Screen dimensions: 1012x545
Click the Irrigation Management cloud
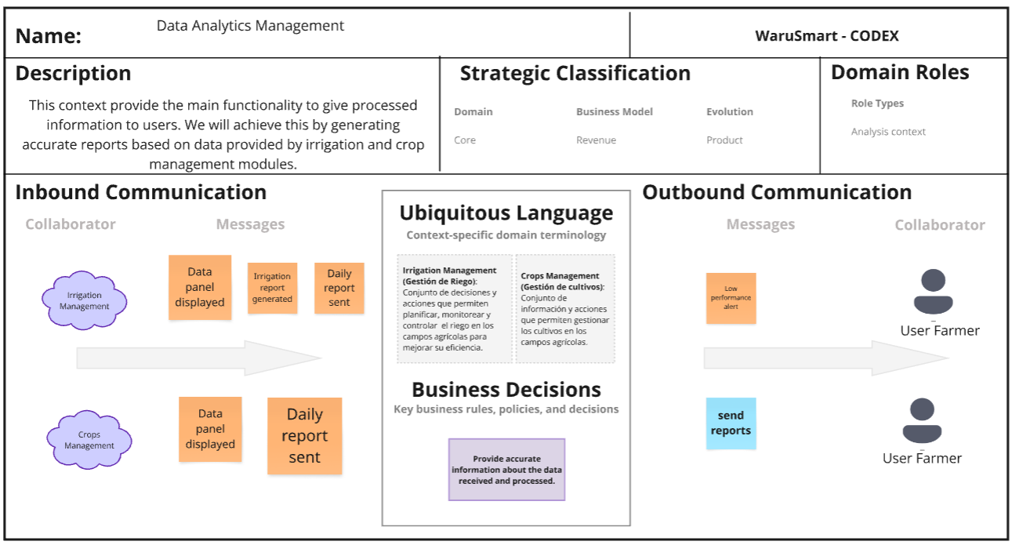85,300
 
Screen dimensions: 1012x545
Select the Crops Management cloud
89,439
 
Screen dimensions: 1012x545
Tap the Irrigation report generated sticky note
273,288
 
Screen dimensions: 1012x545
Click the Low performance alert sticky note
731,298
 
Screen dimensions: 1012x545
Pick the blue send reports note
731,423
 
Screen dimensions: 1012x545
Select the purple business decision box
506,470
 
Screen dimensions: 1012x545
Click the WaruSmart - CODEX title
827,36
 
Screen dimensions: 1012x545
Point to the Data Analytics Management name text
250,26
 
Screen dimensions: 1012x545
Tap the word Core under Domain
465,140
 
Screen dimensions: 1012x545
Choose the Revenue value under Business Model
596,140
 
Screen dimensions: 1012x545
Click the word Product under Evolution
724,140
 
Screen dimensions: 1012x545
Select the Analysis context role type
888,132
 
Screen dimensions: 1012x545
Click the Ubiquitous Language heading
506,213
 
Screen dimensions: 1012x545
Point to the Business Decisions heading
506,390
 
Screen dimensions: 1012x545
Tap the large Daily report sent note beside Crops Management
304,436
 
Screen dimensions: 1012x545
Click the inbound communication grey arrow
199,358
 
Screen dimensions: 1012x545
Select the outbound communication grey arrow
826,358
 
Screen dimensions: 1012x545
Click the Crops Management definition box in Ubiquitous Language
565,309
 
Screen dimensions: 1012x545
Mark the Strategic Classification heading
575,73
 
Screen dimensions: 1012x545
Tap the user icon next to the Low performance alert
933,292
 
